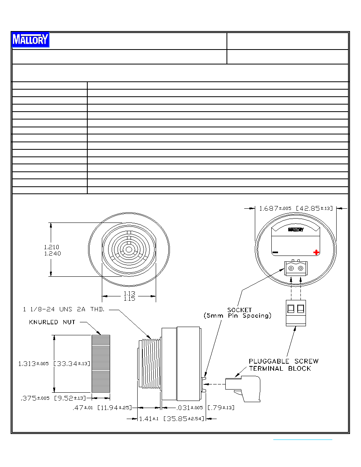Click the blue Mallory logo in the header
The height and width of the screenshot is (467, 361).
[x=30, y=40]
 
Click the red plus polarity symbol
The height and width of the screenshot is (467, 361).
[x=316, y=252]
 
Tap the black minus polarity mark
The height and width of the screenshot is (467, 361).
[x=275, y=252]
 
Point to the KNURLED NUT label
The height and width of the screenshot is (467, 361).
[x=52, y=322]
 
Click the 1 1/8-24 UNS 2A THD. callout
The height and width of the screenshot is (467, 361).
[x=64, y=309]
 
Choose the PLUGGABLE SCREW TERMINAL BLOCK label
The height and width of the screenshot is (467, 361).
[x=284, y=365]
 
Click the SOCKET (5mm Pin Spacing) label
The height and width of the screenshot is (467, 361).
[x=238, y=313]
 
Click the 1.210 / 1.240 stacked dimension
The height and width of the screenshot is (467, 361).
[x=52, y=250]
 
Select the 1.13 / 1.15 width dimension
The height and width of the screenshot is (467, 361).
[x=129, y=296]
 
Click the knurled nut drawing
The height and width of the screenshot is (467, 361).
[x=101, y=364]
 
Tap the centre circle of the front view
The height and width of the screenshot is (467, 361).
[x=129, y=250]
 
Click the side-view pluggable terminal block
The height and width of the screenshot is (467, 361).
[x=243, y=388]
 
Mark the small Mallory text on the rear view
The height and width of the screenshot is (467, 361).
[x=296, y=230]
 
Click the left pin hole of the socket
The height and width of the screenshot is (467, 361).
[x=291, y=268]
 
